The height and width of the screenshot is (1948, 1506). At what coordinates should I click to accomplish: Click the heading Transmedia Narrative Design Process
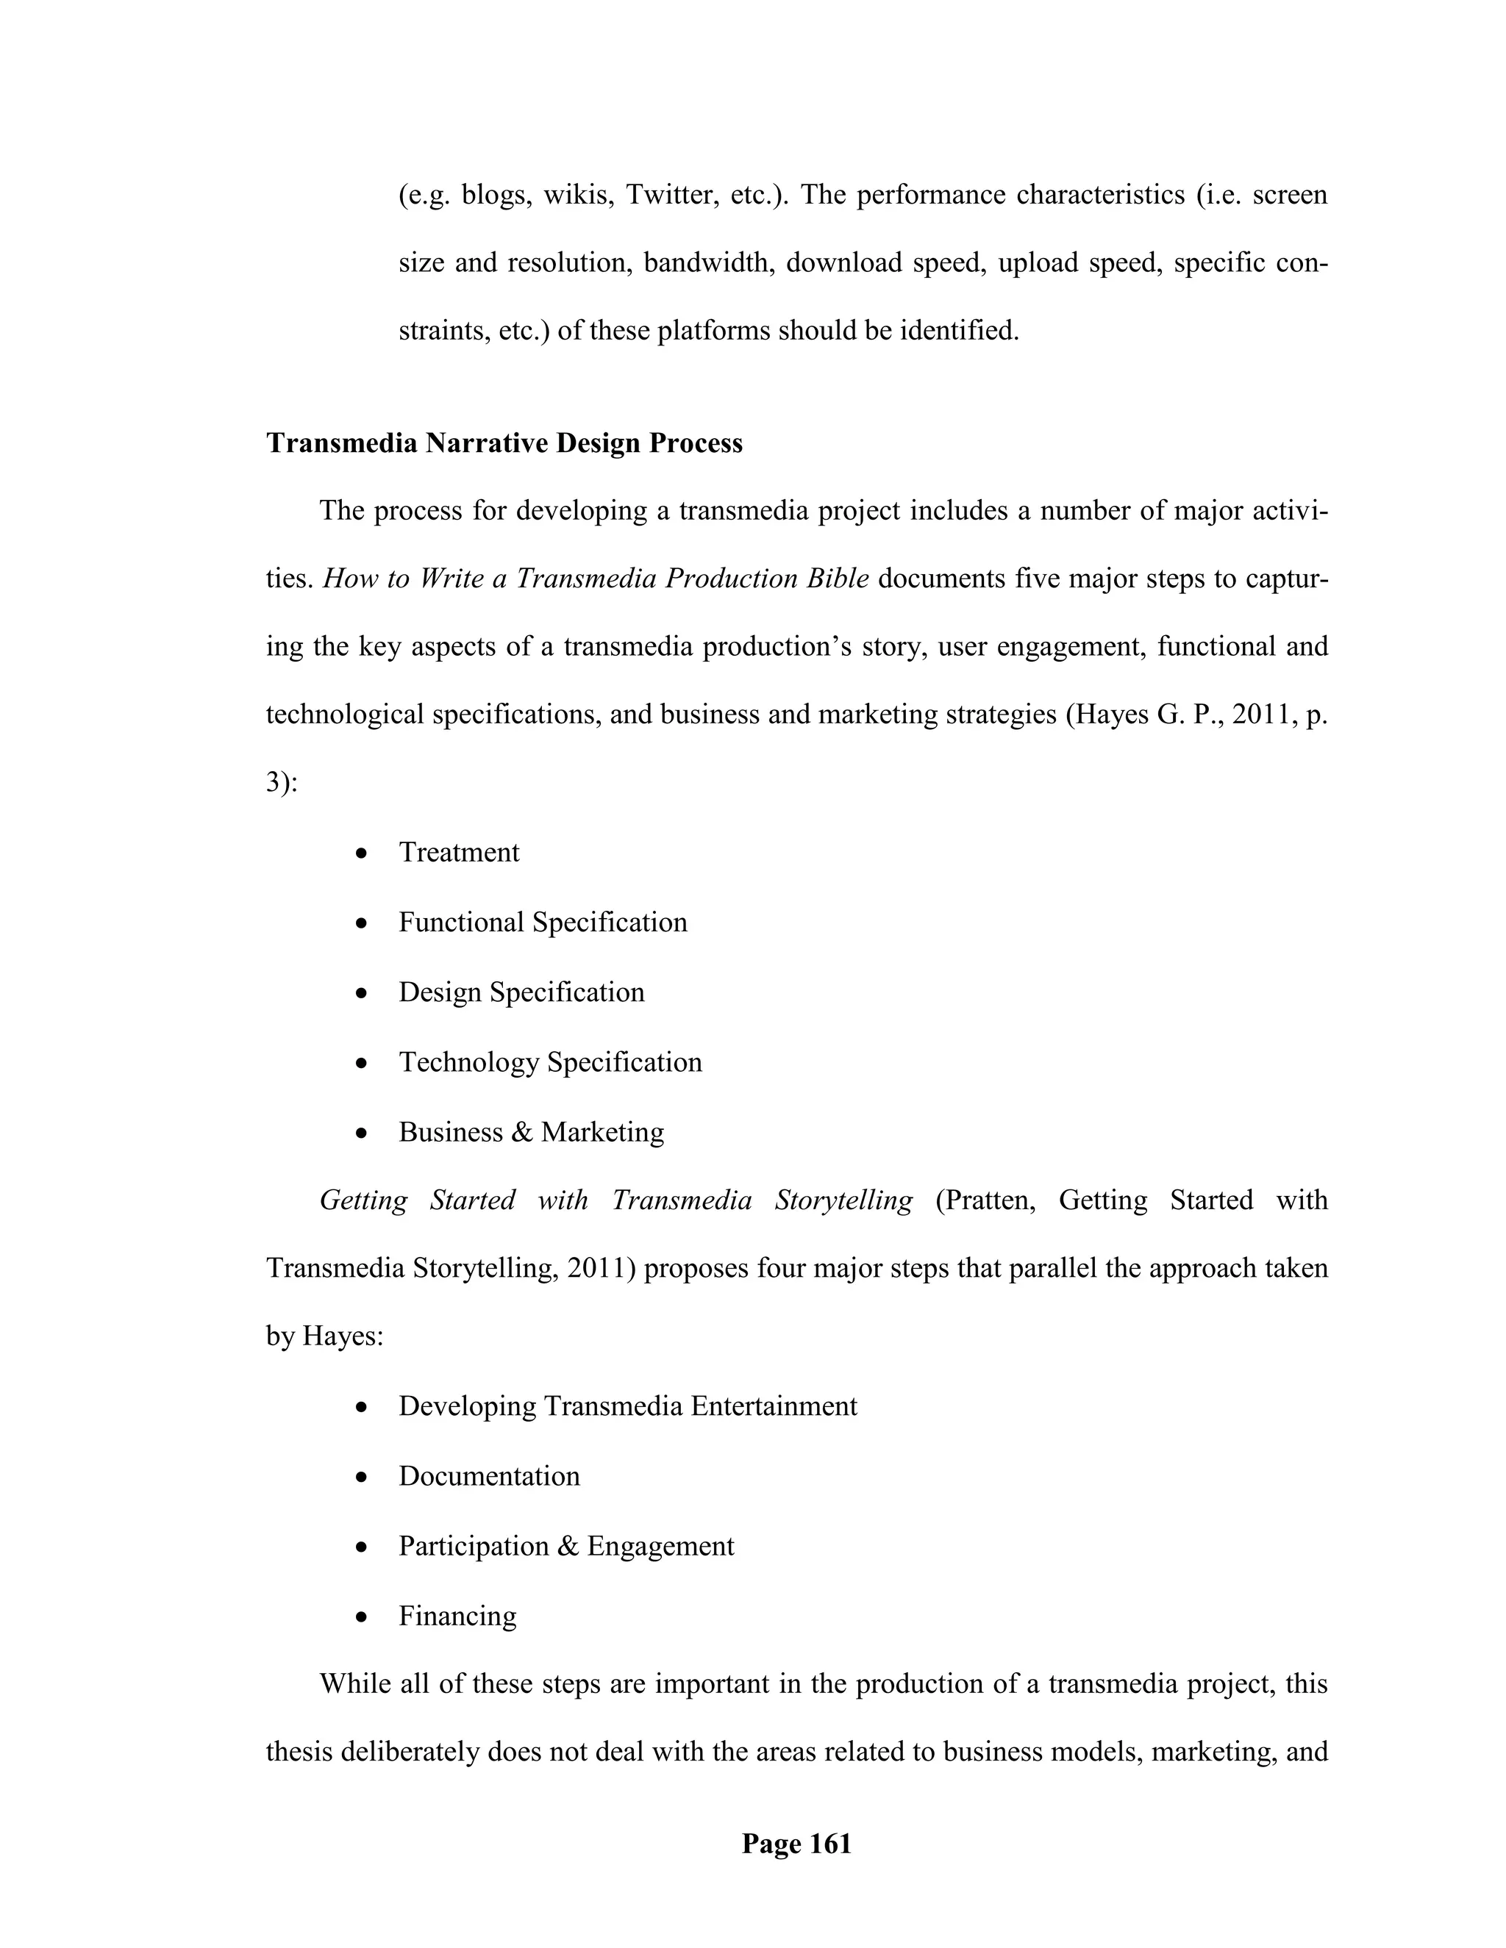[504, 443]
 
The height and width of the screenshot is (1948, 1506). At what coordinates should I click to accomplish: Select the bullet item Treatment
[459, 852]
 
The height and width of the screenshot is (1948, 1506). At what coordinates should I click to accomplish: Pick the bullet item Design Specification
[521, 992]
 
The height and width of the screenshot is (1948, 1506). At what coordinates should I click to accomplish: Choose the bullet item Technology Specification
[549, 1061]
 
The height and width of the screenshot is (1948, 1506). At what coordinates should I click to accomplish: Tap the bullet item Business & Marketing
[531, 1132]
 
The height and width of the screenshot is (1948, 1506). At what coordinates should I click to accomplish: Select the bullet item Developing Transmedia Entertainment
[627, 1406]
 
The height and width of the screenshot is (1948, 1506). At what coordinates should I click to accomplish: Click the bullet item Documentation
[489, 1475]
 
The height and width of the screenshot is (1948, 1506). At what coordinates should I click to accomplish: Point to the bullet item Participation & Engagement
[565, 1546]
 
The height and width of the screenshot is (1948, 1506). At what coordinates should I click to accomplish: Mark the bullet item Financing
[457, 1615]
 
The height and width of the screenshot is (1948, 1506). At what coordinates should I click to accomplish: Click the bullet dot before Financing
[360, 1617]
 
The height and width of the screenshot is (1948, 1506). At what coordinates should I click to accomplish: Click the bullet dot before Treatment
[360, 853]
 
